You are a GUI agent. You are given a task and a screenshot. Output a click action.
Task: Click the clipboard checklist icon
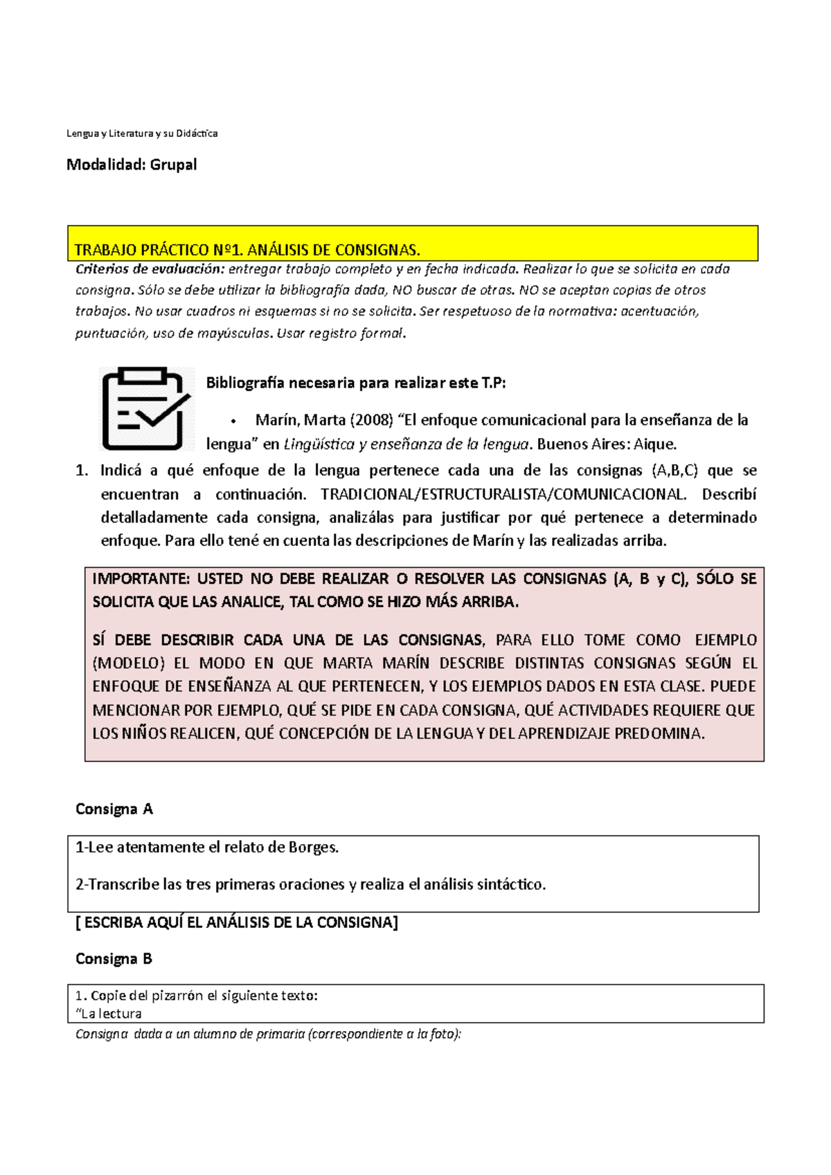tap(145, 409)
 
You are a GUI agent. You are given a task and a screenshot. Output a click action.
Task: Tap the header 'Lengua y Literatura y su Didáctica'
tap(141, 133)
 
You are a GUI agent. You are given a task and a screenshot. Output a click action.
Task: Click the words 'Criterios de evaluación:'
tap(150, 269)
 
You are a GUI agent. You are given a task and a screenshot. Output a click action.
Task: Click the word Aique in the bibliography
tap(654, 444)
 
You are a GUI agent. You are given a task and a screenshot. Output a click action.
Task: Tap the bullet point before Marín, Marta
tap(234, 421)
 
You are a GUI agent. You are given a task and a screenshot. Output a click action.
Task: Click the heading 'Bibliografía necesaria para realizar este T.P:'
tap(356, 383)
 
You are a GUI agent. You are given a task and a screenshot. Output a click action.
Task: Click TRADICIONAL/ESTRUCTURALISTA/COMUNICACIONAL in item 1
tap(503, 494)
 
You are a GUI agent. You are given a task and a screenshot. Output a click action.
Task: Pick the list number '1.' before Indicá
tap(82, 471)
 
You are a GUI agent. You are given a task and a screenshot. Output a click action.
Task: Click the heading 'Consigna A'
tap(114, 809)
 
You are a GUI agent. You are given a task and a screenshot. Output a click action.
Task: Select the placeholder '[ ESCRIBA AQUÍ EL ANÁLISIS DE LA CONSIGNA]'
tap(236, 922)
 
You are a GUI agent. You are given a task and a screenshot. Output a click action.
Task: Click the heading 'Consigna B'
tap(114, 959)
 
